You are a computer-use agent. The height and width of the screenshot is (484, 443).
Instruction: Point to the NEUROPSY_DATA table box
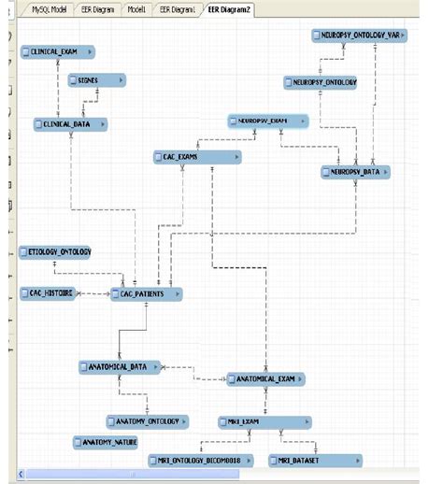pyautogui.click(x=354, y=172)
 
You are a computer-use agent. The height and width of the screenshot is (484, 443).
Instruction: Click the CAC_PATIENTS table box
pyautogui.click(x=146, y=294)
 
